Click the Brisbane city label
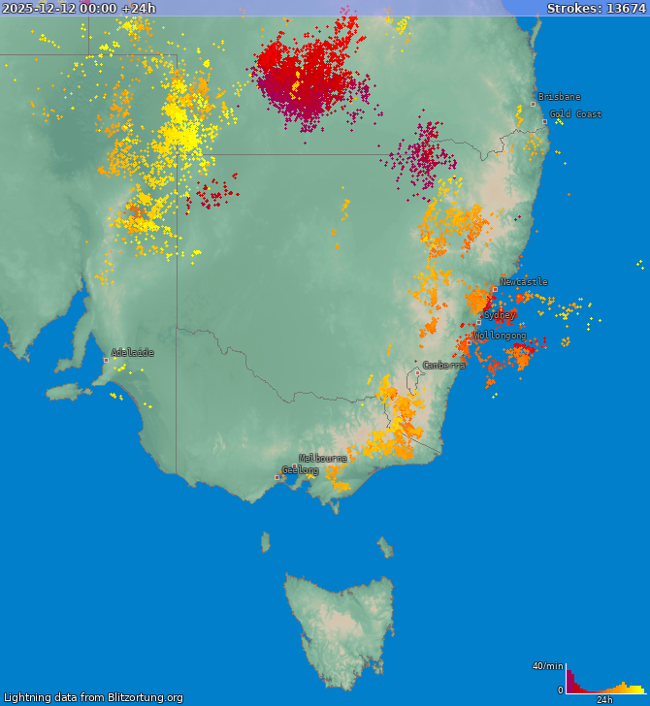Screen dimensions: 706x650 [560, 97]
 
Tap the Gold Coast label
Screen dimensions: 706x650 [576, 114]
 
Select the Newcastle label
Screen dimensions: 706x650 [524, 282]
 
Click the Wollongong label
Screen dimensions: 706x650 [500, 336]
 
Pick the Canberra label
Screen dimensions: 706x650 [443, 366]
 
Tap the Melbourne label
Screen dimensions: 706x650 [323, 458]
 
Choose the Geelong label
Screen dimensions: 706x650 [301, 470]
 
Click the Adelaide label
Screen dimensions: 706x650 [132, 353]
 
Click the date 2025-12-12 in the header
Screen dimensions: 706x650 [46, 8]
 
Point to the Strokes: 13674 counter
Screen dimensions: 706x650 [596, 8]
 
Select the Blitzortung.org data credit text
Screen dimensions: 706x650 [93, 697]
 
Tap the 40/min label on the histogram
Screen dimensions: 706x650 [547, 665]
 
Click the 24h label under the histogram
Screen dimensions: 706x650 [604, 699]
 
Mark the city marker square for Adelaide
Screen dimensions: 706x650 [106, 360]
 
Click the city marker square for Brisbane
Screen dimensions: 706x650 [533, 104]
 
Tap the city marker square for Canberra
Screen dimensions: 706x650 [418, 372]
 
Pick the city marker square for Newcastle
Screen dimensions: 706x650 [495, 289]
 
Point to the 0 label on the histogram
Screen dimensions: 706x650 [560, 690]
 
